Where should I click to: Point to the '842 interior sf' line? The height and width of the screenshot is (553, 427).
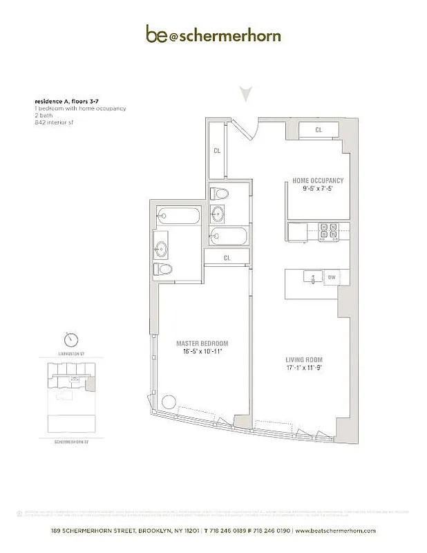53,122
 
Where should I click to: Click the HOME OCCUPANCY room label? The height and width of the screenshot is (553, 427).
318,181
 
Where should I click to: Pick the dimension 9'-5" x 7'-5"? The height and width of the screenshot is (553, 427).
318,189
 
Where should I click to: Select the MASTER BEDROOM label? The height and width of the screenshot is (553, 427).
202,344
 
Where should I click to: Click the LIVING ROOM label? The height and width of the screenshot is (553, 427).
304,361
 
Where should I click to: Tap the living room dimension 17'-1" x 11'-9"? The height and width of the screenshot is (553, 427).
304,368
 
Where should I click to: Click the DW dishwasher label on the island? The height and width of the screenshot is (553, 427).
332,277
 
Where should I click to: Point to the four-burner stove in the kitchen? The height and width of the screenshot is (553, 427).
326,232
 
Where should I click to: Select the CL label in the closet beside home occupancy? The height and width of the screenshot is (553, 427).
319,130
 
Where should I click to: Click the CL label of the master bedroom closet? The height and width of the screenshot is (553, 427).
227,258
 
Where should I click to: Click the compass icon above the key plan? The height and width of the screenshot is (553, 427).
71,340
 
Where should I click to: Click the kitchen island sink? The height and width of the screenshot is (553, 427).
314,279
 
